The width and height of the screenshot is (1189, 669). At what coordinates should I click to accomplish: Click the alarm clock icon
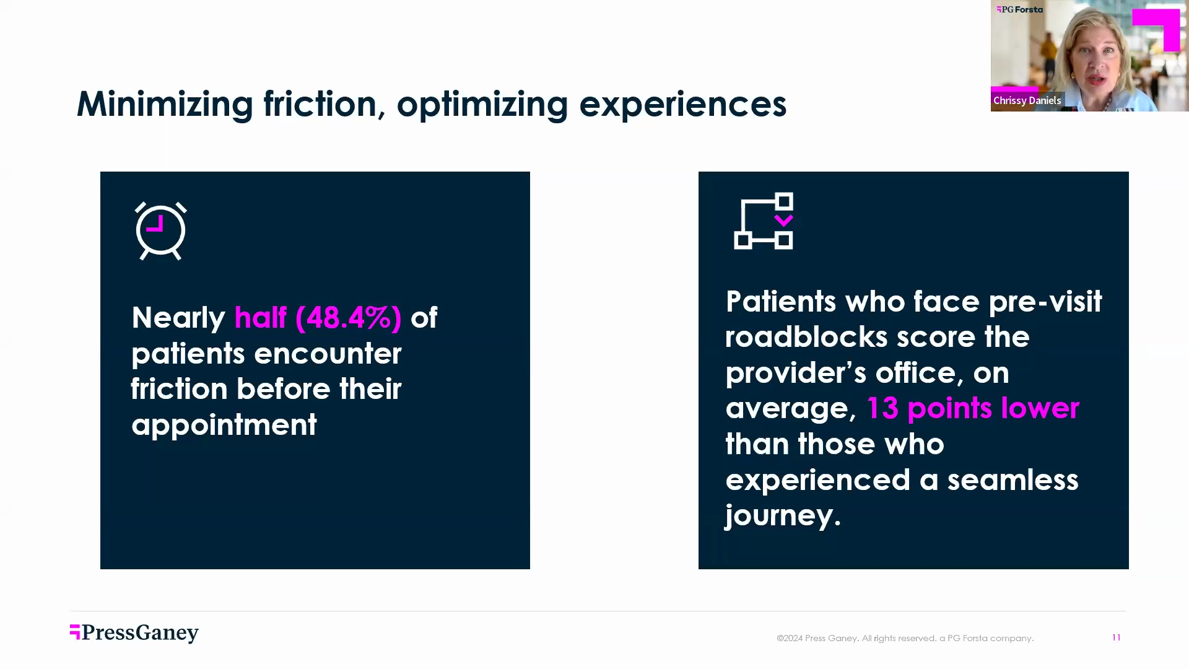pyautogui.click(x=160, y=230)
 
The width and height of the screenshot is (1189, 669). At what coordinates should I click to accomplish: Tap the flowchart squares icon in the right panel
pyautogui.click(x=764, y=221)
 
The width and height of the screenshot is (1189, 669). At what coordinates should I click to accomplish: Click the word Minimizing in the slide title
pyautogui.click(x=165, y=104)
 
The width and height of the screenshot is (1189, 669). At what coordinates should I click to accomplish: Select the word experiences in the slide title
pyautogui.click(x=682, y=104)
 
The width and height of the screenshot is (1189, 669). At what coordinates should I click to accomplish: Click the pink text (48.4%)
pyautogui.click(x=349, y=318)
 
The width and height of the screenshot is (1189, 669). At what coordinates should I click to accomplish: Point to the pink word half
pyautogui.click(x=260, y=318)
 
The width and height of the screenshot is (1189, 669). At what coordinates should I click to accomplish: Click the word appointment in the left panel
pyautogui.click(x=224, y=425)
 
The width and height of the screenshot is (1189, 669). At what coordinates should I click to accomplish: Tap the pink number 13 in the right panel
pyautogui.click(x=882, y=408)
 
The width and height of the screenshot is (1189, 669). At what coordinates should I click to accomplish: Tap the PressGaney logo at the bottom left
pyautogui.click(x=134, y=632)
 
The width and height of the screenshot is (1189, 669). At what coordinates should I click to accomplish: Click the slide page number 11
pyautogui.click(x=1116, y=637)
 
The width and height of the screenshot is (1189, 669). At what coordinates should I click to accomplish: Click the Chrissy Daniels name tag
pyautogui.click(x=1027, y=100)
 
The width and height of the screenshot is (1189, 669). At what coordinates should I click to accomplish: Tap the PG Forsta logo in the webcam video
pyautogui.click(x=1020, y=9)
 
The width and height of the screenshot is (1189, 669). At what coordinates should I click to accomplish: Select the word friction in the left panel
pyautogui.click(x=179, y=389)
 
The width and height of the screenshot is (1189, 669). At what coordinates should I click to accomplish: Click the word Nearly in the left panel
pyautogui.click(x=178, y=318)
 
